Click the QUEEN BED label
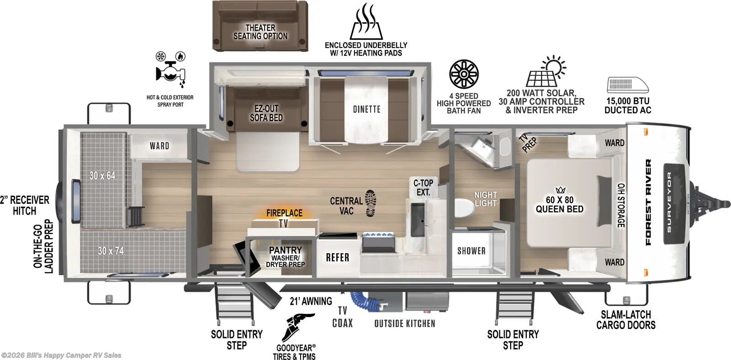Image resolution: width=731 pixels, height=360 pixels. click(559, 204)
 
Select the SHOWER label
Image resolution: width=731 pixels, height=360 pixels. click(471, 251)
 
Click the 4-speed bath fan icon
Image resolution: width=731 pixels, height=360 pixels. click(463, 74)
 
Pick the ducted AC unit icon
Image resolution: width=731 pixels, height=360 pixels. click(627, 86)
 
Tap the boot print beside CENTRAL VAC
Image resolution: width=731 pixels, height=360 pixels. click(371, 204)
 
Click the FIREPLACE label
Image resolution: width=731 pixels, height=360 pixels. click(284, 213)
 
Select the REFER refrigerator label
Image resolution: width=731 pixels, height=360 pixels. click(337, 258)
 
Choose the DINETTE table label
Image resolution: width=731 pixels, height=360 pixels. click(366, 109)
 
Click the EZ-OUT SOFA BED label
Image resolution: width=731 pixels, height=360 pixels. click(266, 113)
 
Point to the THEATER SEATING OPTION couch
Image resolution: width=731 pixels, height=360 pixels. click(260, 26)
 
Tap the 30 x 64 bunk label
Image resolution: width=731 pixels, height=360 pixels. click(102, 175)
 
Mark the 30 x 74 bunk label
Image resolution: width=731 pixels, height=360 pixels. click(111, 250)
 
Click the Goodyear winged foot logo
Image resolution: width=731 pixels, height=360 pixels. click(297, 327)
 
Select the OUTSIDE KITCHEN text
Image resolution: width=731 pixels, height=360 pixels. click(404, 323)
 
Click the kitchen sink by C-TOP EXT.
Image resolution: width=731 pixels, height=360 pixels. click(417, 219)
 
